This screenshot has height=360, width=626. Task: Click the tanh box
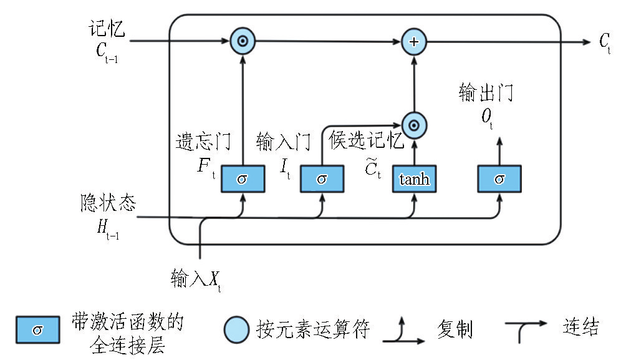415,180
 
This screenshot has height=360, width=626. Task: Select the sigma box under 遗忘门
243,180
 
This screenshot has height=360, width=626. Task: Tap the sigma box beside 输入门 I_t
322,180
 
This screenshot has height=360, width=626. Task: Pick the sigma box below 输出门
499,180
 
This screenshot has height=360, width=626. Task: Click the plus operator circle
413,42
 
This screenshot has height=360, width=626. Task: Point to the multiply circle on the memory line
243,42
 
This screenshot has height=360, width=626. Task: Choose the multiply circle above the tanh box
413,125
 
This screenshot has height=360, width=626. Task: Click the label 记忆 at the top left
107,29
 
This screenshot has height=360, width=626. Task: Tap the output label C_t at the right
605,42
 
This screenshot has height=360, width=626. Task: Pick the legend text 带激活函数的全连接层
127,334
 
